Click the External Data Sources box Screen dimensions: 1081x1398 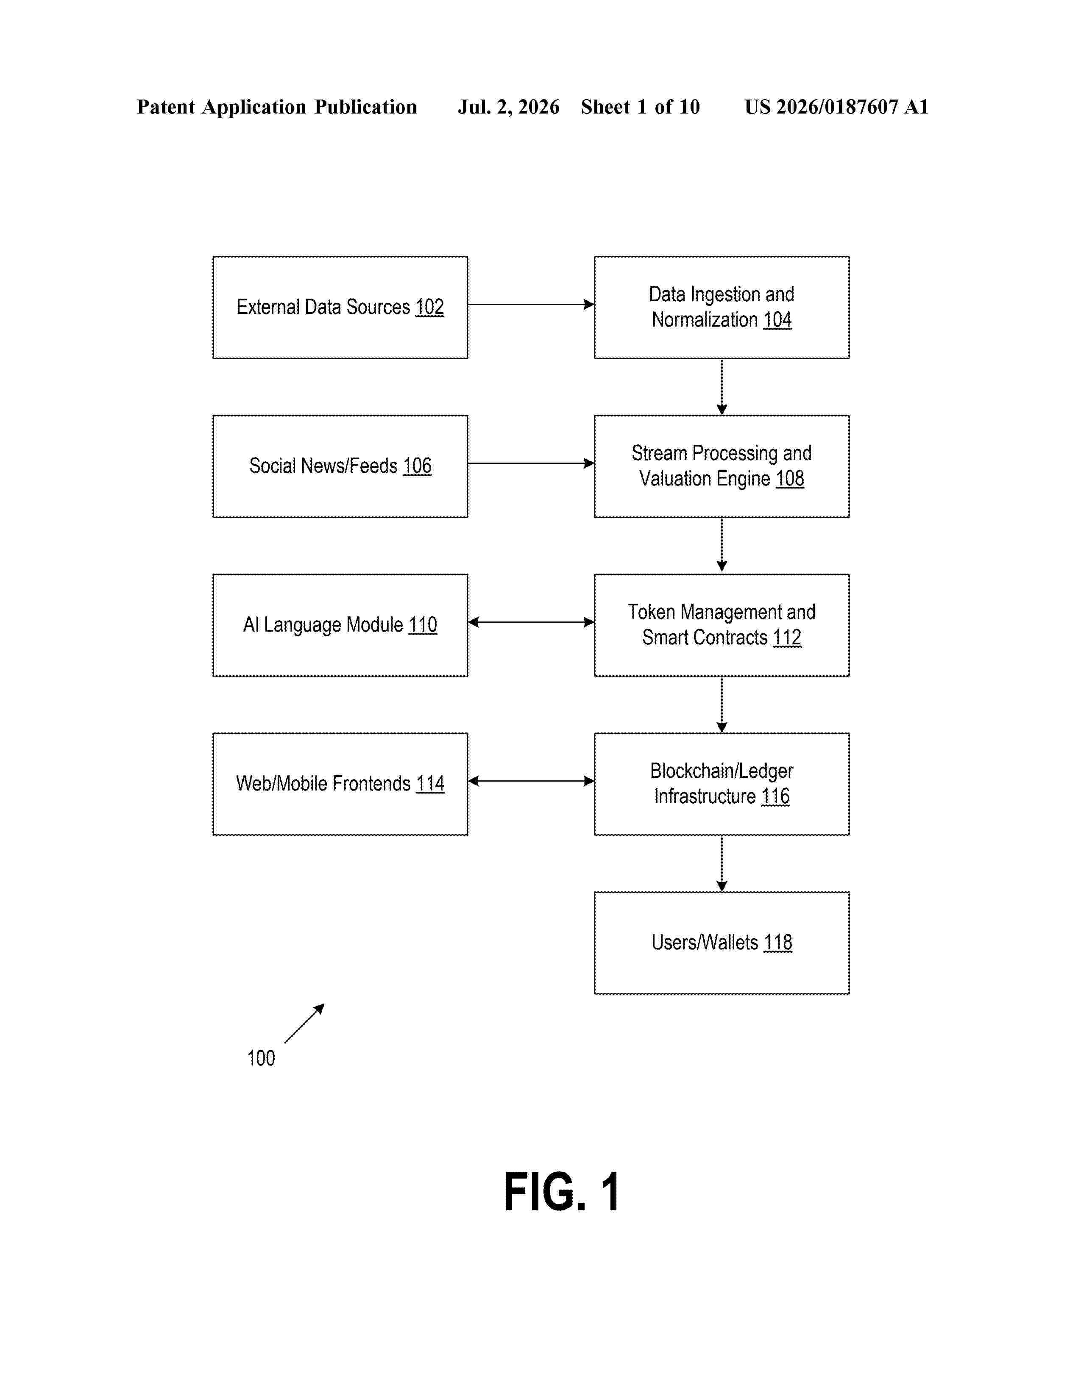click(340, 307)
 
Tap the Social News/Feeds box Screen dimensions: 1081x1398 click(340, 466)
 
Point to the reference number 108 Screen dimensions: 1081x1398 click(790, 478)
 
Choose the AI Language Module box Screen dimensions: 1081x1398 click(340, 625)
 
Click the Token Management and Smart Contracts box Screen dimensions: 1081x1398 click(722, 625)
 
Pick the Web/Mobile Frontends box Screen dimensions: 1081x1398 click(340, 783)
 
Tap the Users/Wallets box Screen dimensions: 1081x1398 click(722, 942)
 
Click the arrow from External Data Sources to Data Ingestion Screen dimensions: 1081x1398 click(531, 305)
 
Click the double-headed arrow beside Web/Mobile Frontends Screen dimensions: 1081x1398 click(531, 781)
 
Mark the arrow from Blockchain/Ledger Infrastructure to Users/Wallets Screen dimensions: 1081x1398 click(722, 863)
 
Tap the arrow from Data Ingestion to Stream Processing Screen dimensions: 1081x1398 click(722, 387)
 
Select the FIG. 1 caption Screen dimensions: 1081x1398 click(562, 1191)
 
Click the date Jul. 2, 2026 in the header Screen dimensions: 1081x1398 click(508, 107)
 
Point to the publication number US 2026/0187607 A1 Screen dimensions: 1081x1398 click(836, 107)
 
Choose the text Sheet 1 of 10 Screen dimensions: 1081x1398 click(641, 107)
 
